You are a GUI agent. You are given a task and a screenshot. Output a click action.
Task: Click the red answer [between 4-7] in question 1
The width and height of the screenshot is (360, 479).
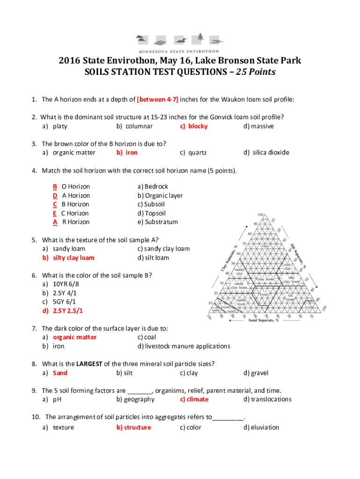[158, 100]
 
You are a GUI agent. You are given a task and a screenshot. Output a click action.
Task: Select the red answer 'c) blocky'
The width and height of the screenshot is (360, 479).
[194, 126]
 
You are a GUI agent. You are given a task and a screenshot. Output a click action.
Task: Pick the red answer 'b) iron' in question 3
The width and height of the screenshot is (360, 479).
[127, 152]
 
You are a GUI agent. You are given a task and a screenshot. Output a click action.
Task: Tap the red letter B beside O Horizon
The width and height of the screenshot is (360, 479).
[55, 187]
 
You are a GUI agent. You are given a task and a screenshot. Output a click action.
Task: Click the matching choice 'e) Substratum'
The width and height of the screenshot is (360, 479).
[158, 222]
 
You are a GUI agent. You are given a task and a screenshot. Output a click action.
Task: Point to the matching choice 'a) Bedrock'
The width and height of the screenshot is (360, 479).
[153, 187]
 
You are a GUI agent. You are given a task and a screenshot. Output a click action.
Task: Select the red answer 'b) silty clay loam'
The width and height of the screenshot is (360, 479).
[68, 258]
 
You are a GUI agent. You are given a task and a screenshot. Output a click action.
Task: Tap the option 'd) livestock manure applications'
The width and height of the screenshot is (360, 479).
[184, 346]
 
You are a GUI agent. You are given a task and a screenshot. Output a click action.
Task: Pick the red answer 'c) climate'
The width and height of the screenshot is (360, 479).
[194, 399]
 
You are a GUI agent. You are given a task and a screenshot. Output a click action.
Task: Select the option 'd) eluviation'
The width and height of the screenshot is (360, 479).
[261, 427]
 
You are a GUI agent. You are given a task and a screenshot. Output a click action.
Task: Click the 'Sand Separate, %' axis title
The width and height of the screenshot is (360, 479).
[264, 320]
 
